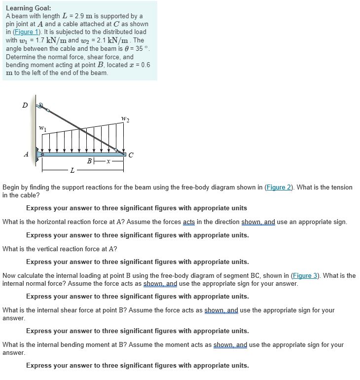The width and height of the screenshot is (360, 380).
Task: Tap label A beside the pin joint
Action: pyautogui.click(x=26, y=153)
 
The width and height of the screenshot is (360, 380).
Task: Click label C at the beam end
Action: pyautogui.click(x=131, y=154)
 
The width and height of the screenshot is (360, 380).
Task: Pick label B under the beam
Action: pyautogui.click(x=90, y=161)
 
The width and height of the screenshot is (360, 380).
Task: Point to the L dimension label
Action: pyautogui.click(x=72, y=171)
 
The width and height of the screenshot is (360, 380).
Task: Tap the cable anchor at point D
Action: pyautogui.click(x=41, y=105)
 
